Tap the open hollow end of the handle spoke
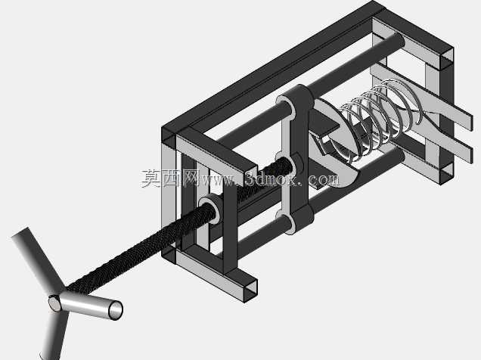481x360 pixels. (x=116, y=310)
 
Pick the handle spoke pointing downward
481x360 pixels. (x=55, y=334)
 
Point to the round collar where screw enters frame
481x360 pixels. (x=209, y=209)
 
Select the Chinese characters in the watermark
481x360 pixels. (x=169, y=178)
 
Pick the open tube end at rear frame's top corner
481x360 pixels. (x=447, y=57)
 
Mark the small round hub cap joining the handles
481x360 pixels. (x=55, y=303)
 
